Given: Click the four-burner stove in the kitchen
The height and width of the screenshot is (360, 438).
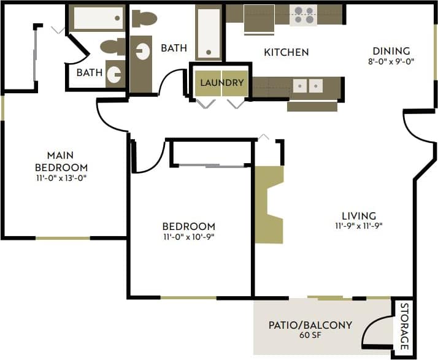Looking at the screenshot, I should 303,15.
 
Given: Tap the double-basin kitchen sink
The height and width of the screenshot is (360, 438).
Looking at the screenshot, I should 307,86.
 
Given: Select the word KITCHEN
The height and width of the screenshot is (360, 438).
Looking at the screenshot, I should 286,52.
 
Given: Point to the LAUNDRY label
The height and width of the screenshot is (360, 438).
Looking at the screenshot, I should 222,82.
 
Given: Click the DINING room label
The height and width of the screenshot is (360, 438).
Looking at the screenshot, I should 391,51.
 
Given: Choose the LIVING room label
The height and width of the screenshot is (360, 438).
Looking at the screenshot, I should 359,215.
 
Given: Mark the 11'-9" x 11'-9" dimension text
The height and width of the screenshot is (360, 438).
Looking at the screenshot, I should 359,226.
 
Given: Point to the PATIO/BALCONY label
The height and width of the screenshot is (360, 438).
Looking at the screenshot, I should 310,324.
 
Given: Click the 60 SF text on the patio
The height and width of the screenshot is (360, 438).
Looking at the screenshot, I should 310,335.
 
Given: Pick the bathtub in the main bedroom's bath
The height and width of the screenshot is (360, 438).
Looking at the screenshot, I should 99,18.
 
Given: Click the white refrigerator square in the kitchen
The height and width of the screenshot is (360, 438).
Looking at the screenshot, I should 259,18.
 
